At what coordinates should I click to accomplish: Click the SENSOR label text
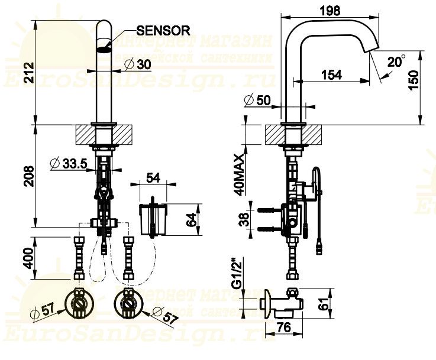(162, 30)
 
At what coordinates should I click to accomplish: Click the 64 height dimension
(191, 220)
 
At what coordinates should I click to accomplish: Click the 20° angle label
(396, 61)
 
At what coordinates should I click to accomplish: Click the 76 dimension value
(284, 327)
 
